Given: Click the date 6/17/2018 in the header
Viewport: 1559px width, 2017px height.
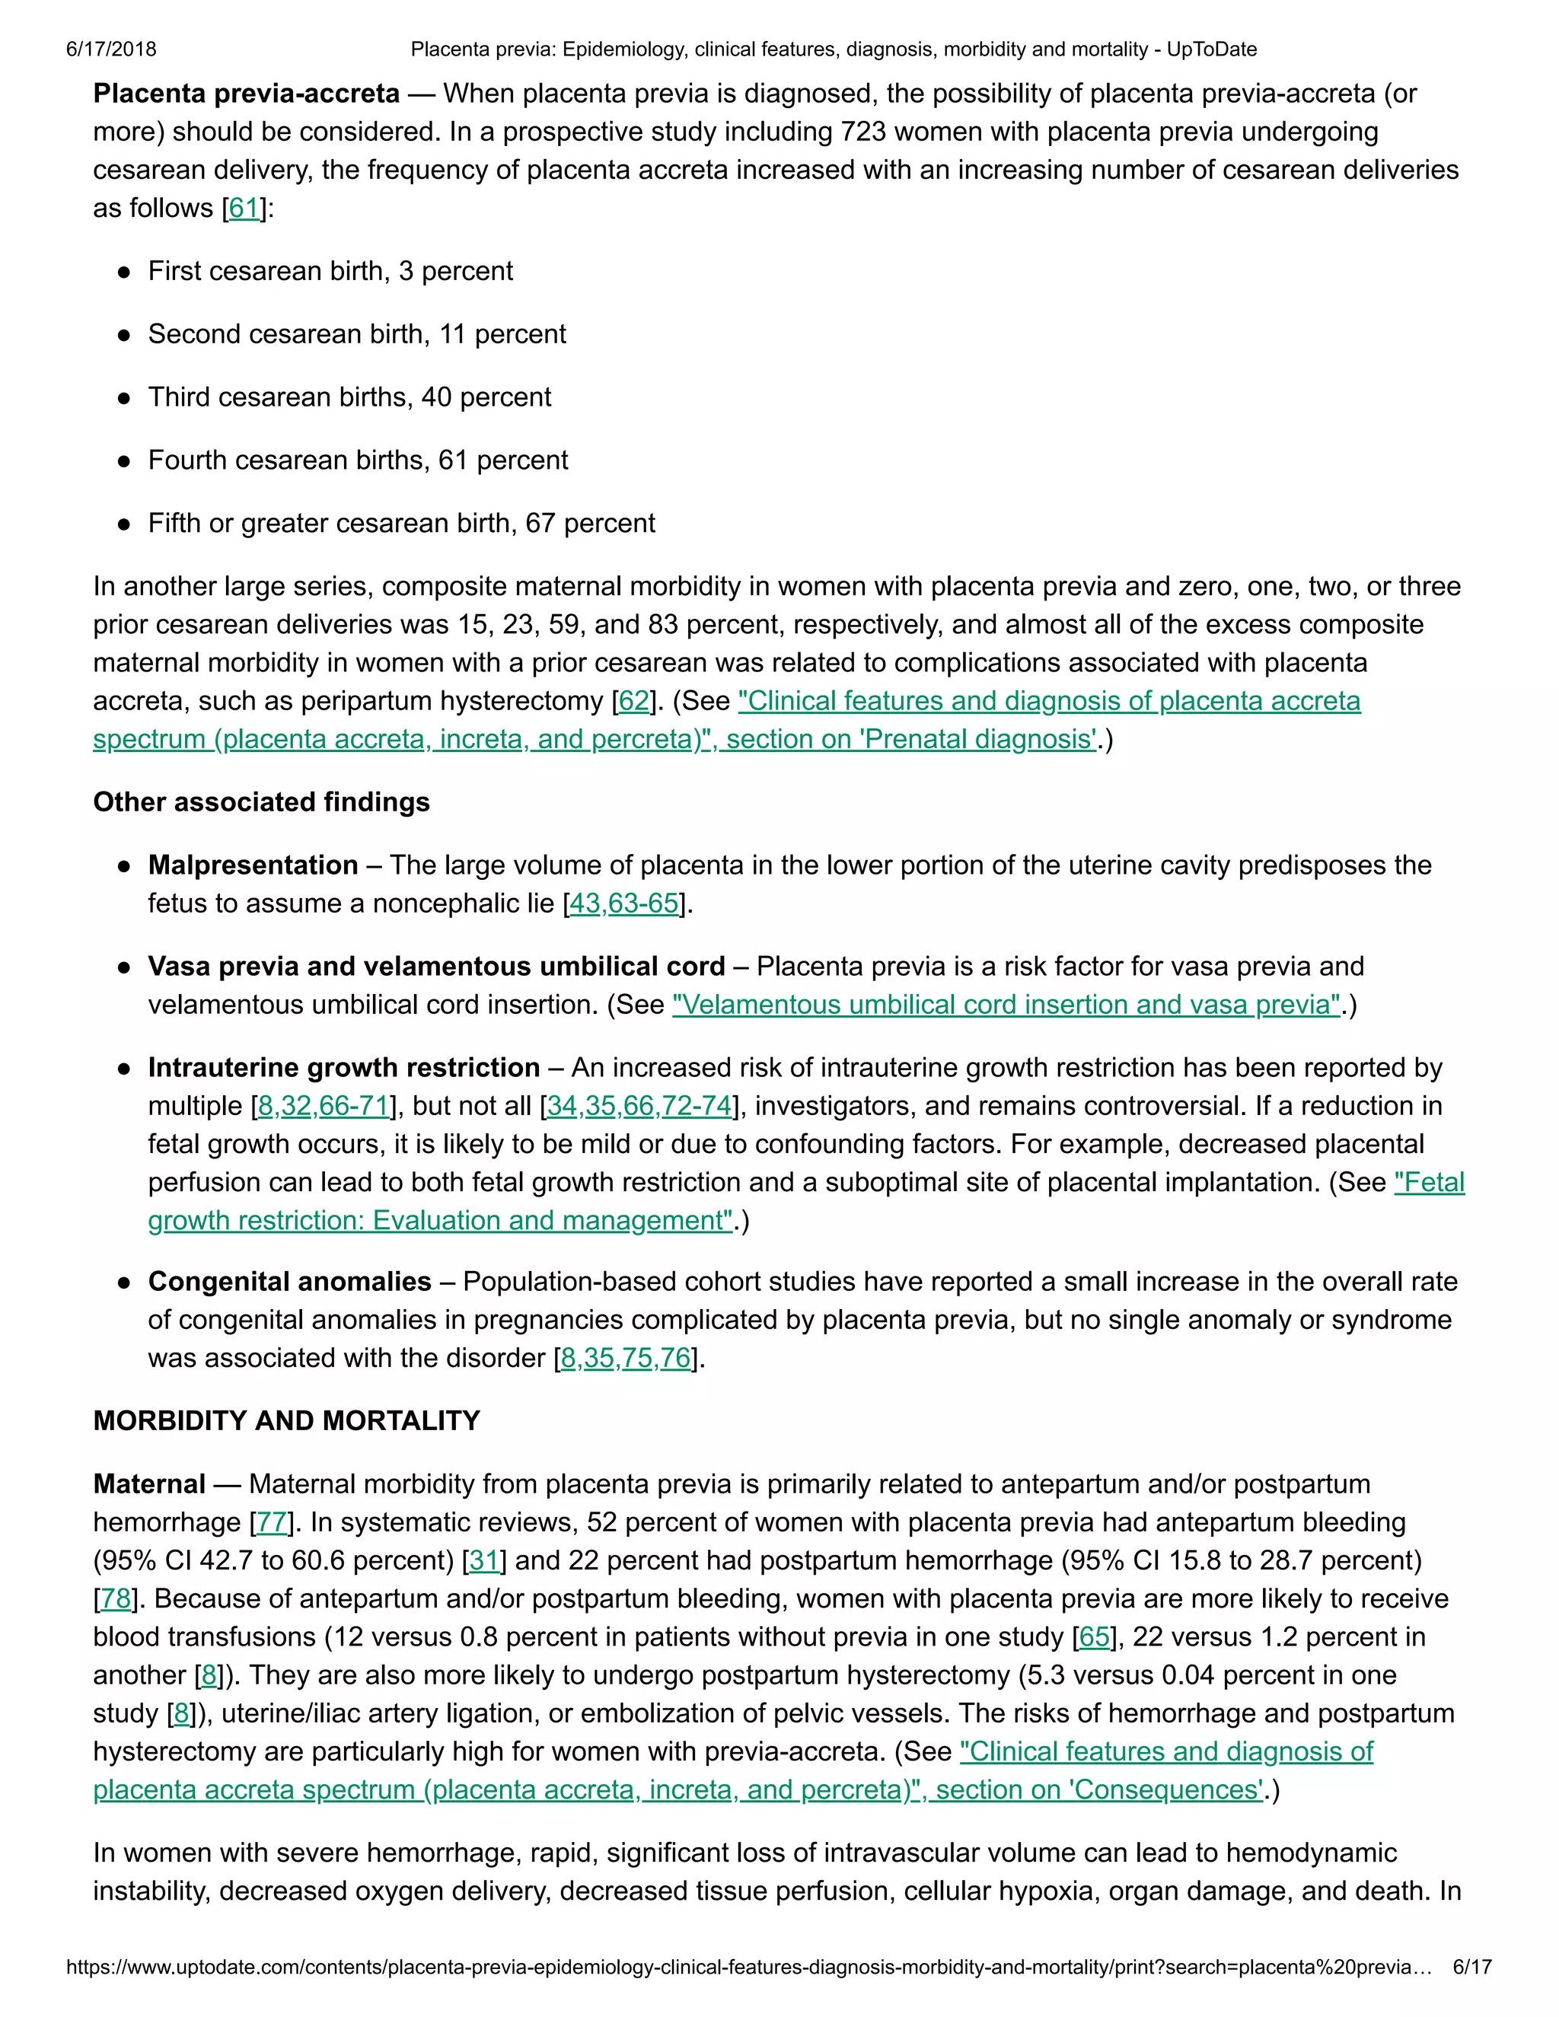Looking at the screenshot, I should pyautogui.click(x=111, y=49).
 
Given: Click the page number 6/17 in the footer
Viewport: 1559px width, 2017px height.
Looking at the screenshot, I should pyautogui.click(x=1472, y=1967).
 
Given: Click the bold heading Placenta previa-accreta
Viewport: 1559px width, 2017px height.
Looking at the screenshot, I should pyautogui.click(x=247, y=94).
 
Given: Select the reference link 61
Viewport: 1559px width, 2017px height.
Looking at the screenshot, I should pyautogui.click(x=244, y=208).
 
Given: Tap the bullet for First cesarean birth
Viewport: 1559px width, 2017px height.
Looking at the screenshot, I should pyautogui.click(x=124, y=272).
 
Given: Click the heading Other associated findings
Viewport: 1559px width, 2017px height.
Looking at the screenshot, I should pyautogui.click(x=261, y=801).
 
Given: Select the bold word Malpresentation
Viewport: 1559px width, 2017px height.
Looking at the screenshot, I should pyautogui.click(x=253, y=865).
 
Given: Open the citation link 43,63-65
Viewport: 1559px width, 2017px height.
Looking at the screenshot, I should pyautogui.click(x=624, y=903).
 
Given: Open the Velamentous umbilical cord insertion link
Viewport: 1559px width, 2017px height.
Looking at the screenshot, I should pyautogui.click(x=1006, y=1005).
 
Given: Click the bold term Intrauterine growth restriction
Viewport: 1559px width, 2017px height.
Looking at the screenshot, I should pyautogui.click(x=343, y=1068).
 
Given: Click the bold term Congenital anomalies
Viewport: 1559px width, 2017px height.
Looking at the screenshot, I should pyautogui.click(x=289, y=1282).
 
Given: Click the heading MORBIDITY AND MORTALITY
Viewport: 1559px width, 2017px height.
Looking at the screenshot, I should pyautogui.click(x=286, y=1420).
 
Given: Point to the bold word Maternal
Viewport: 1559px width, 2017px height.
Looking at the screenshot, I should pyautogui.click(x=148, y=1484).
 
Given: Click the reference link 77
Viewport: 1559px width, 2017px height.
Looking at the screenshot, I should pyautogui.click(x=272, y=1522).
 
